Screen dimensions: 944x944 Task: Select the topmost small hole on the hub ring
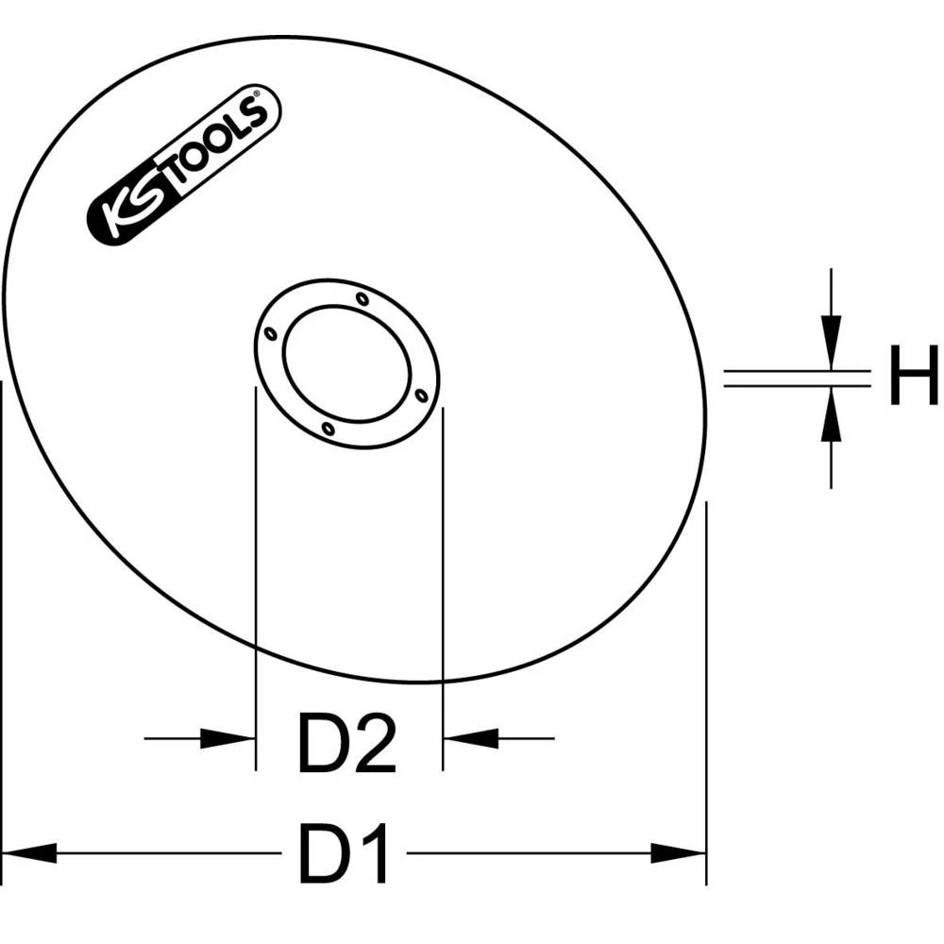point(362,299)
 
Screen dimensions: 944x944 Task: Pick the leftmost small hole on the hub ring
point(271,334)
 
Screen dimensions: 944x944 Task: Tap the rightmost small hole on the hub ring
point(421,396)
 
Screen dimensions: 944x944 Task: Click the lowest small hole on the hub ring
point(327,430)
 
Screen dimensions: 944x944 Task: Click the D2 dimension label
point(346,744)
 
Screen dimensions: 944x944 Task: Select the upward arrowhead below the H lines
point(830,416)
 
